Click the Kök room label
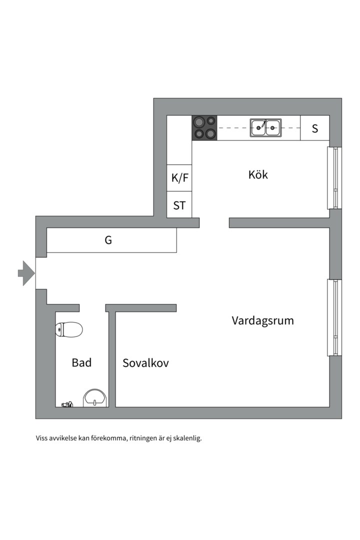coord(258,175)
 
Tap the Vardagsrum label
coord(262,320)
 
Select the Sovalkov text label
coord(145,363)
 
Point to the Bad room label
coord(81,362)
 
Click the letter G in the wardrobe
coord(108,240)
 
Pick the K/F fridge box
coord(179,177)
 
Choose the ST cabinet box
coord(179,205)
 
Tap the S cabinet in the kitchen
coord(315,128)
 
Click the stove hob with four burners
coord(204,127)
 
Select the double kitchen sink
coord(265,128)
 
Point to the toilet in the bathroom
coord(69,329)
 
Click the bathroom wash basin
coord(94,398)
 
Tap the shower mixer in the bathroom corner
coord(67,404)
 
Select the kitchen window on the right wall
coord(334,178)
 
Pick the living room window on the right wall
coord(334,317)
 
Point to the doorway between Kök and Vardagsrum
coord(214,222)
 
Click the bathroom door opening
coord(92,307)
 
